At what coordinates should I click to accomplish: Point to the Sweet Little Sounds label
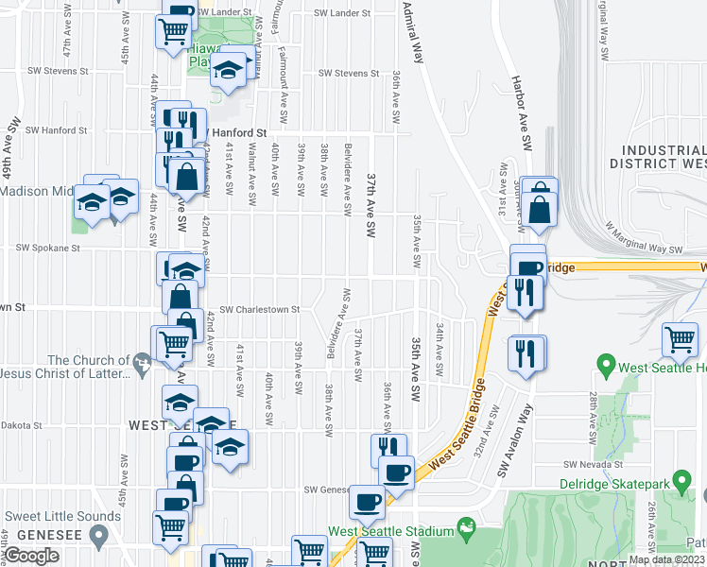(x=63, y=516)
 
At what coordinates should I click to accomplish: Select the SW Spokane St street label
(x=47, y=248)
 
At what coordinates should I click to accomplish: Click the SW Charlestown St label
(x=259, y=309)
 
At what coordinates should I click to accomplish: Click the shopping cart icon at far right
(x=681, y=340)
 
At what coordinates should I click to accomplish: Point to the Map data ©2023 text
(x=665, y=559)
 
